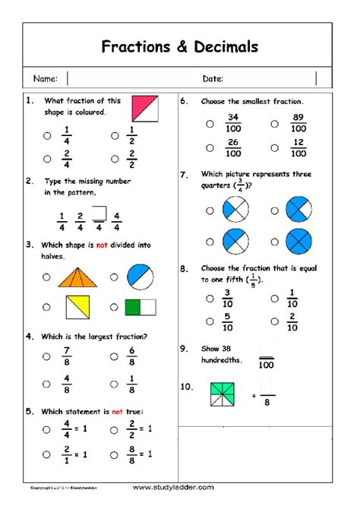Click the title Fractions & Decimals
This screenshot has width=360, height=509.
180,47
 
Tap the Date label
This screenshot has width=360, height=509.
213,78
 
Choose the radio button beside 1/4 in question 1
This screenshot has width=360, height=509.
47,136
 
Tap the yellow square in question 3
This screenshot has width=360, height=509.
77,307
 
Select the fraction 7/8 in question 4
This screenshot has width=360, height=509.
68,356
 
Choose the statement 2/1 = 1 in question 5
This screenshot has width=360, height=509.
74,454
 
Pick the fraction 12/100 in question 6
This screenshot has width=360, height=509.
298,148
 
